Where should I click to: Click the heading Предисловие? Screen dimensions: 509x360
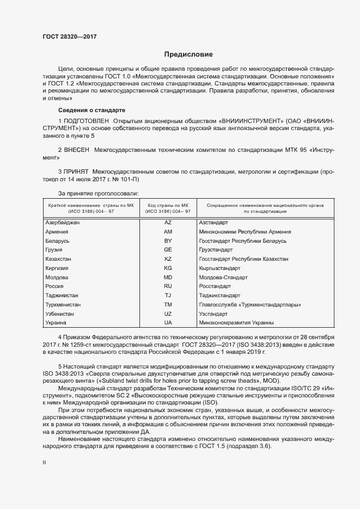188,54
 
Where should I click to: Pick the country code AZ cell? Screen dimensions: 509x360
168,223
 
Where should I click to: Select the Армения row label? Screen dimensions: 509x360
57,231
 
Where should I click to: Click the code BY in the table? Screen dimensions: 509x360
168,241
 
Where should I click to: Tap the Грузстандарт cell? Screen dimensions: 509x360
216,250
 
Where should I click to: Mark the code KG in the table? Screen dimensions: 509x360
168,268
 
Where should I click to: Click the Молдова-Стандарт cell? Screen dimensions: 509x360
223,277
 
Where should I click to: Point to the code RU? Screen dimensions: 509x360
168,286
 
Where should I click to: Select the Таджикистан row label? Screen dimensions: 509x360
62,296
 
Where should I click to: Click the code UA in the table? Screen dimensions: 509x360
168,323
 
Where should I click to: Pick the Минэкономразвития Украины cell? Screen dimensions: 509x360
233,323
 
